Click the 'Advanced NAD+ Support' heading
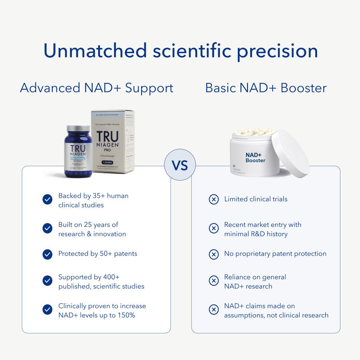click(x=96, y=88)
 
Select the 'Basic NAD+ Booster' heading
click(x=266, y=88)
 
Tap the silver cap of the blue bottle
click(x=78, y=129)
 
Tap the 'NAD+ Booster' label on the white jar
click(x=255, y=157)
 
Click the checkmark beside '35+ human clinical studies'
click(x=47, y=199)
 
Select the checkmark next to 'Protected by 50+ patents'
click(x=47, y=254)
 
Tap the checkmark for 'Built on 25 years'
click(x=47, y=228)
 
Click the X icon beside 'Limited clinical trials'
click(x=214, y=199)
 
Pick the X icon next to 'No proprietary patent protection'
click(x=214, y=254)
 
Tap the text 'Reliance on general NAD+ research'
click(x=255, y=281)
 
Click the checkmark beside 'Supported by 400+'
click(x=47, y=280)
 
